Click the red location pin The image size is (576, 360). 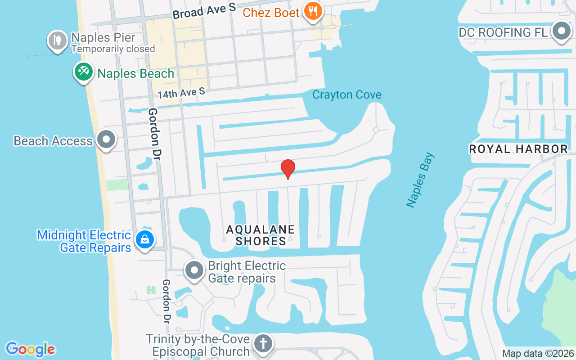[288, 169]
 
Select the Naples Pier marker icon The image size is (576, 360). [57, 40]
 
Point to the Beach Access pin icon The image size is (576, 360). [106, 139]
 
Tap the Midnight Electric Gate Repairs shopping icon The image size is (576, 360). [145, 239]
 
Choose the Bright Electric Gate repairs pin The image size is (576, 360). [195, 270]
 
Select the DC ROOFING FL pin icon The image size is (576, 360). [562, 31]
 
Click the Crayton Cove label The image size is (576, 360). [347, 95]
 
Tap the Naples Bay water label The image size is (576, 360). [420, 180]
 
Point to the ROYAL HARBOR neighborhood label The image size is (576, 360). [518, 149]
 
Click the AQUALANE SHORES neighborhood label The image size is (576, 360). [261, 235]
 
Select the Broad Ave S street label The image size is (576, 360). [204, 11]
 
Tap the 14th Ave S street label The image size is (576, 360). [181, 93]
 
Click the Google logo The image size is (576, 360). [30, 349]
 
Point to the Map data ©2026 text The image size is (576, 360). [538, 354]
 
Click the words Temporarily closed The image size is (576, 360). [113, 49]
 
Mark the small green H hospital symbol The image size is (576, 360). [151, 290]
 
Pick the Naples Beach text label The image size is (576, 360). [135, 73]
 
